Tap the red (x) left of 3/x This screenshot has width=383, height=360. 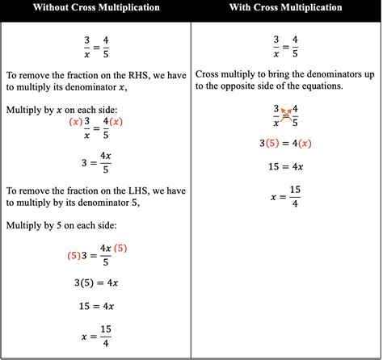click(75, 122)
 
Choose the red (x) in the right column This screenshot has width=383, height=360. click(304, 144)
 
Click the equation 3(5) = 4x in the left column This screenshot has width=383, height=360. click(95, 283)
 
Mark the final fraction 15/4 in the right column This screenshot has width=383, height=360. click(297, 195)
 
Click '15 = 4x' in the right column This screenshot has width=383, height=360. click(286, 167)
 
